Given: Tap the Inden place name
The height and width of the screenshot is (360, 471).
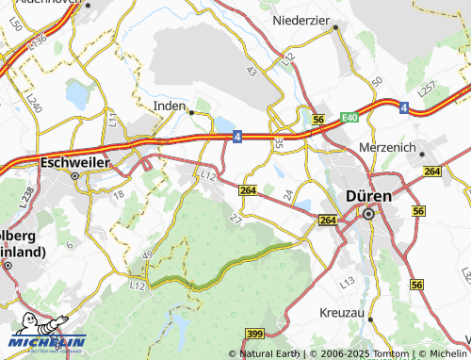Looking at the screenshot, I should [170, 106].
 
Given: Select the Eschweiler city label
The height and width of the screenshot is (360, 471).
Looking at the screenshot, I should [74, 162].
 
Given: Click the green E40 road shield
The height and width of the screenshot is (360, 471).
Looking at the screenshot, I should [350, 116].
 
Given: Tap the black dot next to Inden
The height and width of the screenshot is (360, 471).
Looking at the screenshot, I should [191, 111].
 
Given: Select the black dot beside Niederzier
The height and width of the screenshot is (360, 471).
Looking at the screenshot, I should [334, 27].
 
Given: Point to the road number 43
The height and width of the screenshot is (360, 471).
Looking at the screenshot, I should [251, 71].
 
